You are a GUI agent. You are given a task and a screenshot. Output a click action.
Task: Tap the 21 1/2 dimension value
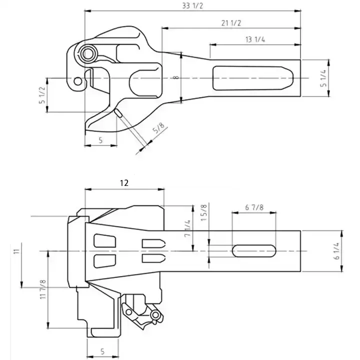230,23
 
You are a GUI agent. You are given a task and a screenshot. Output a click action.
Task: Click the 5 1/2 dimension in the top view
43,95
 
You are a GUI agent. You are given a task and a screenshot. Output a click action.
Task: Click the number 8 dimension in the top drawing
175,78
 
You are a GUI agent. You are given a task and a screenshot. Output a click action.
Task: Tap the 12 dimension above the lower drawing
124,183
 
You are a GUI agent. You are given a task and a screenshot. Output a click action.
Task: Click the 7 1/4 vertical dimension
188,228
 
